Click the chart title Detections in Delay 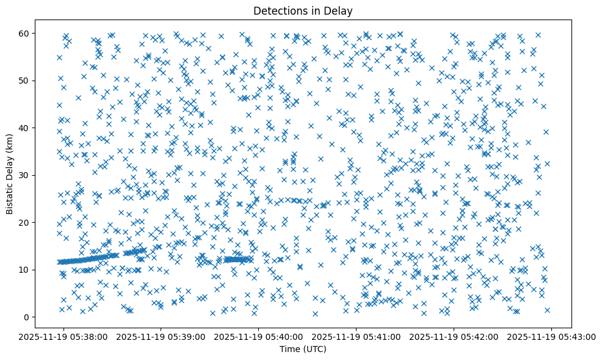coord(303,10)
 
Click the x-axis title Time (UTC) coord(303,349)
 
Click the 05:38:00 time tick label coord(63,336)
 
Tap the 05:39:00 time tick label coord(161,336)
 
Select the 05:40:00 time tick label coord(259,336)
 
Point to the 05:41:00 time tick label coord(357,336)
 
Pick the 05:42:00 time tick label coord(454,336)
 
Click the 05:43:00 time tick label coord(552,336)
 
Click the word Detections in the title coord(278,10)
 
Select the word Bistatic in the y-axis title coord(10,197)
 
